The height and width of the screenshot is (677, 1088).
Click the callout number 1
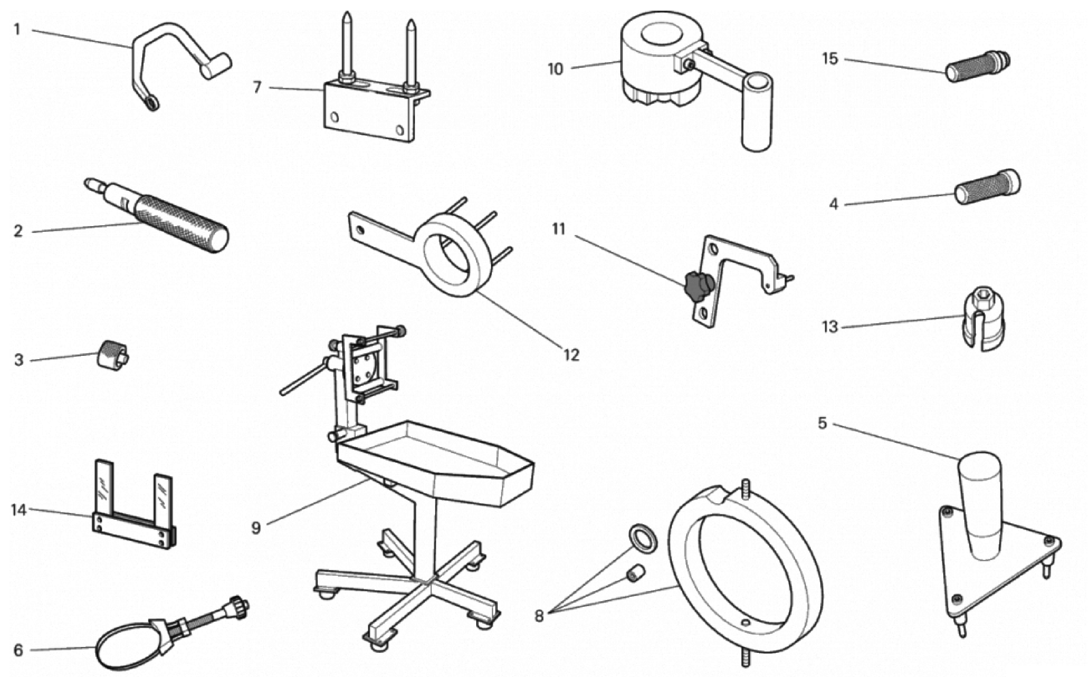(17, 30)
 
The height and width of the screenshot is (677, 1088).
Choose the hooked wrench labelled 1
(175, 58)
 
